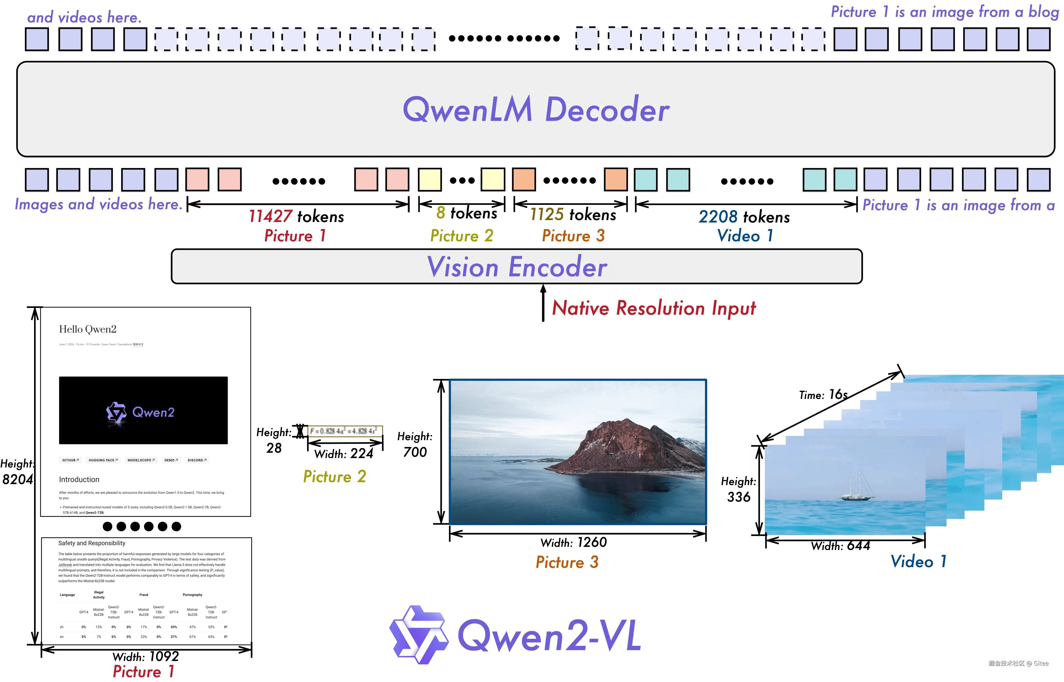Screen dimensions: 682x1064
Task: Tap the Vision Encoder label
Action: click(x=517, y=267)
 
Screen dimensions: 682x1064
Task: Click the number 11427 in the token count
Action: click(x=270, y=216)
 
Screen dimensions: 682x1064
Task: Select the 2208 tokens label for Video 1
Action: click(x=744, y=217)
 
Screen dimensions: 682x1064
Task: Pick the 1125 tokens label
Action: click(x=573, y=215)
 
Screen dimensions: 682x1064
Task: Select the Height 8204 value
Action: click(x=18, y=479)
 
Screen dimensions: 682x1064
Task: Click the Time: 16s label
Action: click(x=823, y=395)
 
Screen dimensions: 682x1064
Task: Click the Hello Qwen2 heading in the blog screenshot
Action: click(x=88, y=329)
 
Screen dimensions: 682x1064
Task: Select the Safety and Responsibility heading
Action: click(x=92, y=543)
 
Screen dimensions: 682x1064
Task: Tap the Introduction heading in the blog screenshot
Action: click(x=79, y=480)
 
